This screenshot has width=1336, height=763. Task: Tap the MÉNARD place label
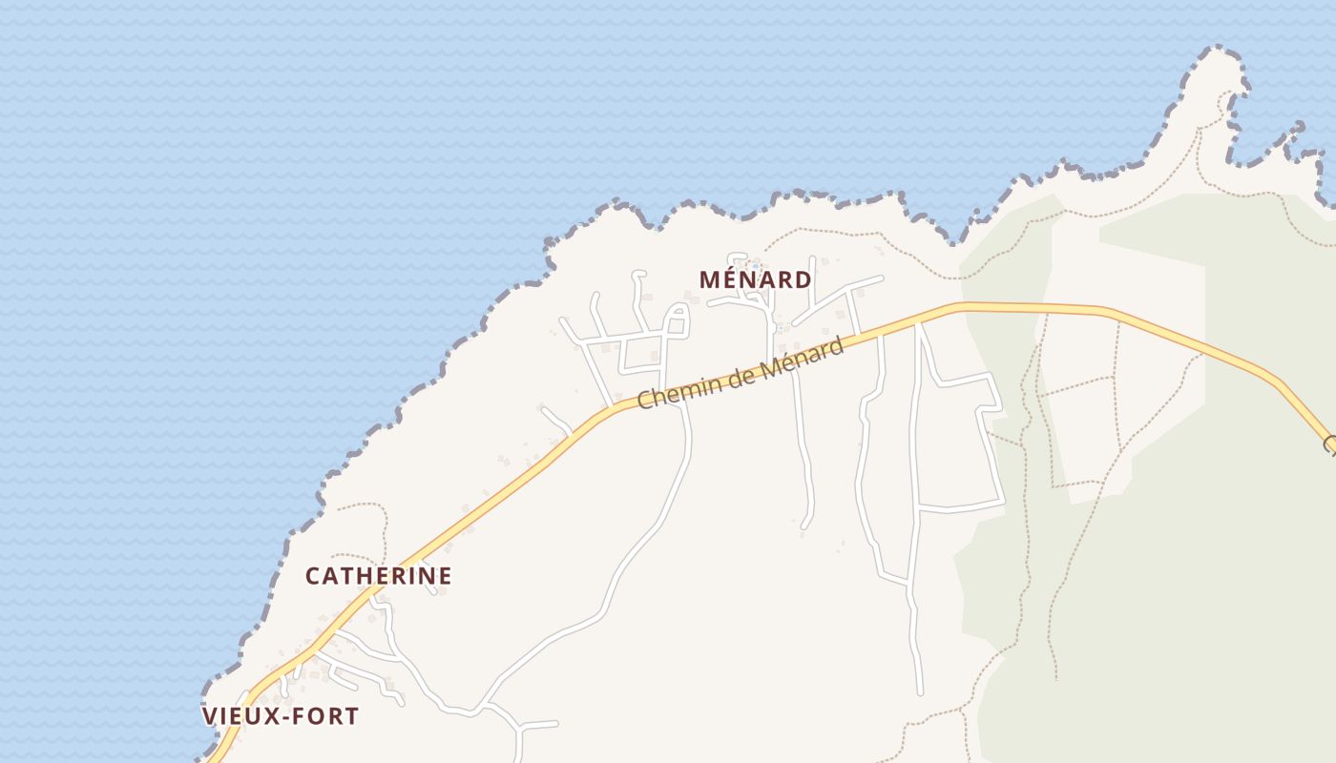[755, 279]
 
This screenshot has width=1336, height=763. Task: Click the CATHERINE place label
[378, 576]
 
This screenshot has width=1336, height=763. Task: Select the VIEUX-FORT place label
[281, 716]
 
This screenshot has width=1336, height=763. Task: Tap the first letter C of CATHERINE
[313, 576]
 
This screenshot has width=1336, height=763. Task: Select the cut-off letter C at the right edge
[1329, 445]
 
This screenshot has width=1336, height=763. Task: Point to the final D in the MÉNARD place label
[804, 279]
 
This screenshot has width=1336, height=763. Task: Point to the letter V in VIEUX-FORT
[210, 716]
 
